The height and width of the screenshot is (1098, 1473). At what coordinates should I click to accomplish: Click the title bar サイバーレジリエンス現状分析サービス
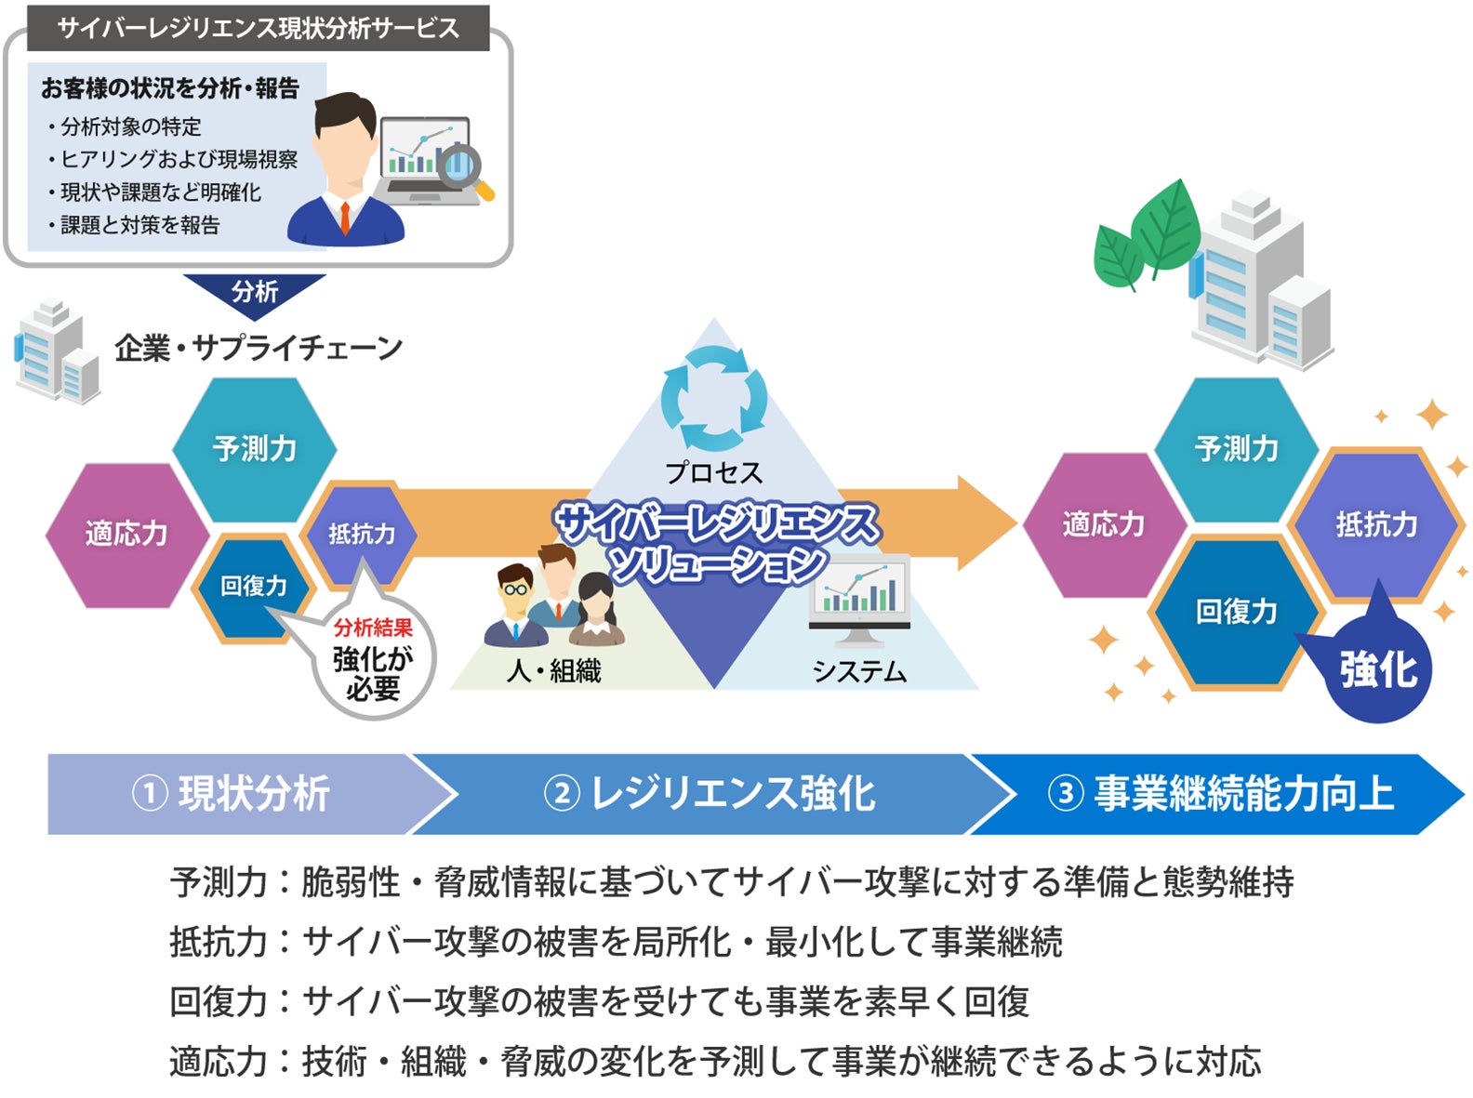[258, 28]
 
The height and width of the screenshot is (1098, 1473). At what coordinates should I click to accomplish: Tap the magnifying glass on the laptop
[462, 167]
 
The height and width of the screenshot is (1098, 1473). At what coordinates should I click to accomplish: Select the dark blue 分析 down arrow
[254, 292]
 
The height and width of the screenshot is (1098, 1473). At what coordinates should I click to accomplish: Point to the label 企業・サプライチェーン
[259, 348]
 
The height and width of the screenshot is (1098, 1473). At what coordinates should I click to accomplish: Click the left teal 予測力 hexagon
[254, 449]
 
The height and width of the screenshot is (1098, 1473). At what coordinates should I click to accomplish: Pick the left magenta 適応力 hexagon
[126, 534]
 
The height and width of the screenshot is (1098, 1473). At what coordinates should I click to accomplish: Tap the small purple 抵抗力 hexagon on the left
[361, 534]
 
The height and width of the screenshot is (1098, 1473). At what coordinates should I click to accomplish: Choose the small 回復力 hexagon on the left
[253, 586]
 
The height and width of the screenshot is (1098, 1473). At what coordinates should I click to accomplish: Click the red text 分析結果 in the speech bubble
[373, 628]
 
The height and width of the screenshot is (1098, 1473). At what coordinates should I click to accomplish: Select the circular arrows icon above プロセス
[714, 399]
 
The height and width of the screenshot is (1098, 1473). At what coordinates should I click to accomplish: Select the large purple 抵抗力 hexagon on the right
[1376, 524]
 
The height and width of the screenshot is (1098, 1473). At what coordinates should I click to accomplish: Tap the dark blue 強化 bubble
[1378, 670]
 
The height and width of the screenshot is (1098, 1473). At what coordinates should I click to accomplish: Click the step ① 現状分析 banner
[232, 794]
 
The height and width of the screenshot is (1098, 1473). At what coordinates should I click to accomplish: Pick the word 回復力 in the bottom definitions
[219, 1002]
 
